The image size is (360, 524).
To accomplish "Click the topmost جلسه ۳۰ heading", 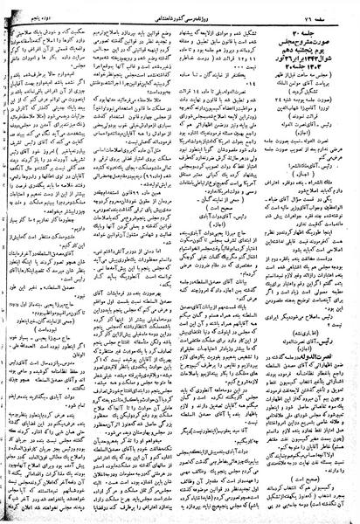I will click(315, 23).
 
